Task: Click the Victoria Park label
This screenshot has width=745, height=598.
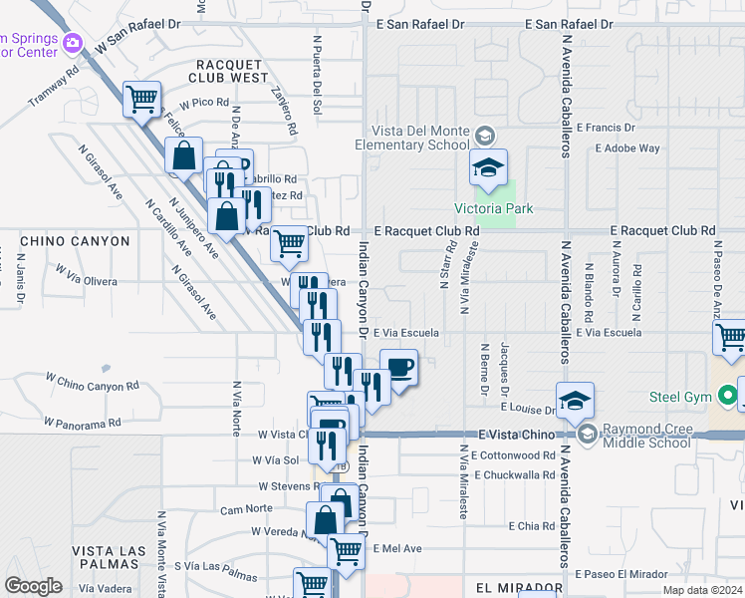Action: (494, 208)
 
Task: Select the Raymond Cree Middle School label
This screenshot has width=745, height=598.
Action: (643, 435)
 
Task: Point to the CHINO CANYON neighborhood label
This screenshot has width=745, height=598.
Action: (75, 241)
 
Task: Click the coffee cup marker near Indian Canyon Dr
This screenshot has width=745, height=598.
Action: (398, 368)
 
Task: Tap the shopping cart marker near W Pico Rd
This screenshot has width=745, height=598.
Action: (142, 98)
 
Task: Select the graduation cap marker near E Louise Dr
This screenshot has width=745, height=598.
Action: (575, 400)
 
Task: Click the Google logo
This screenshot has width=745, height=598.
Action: (33, 586)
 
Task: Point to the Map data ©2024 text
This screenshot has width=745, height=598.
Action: (701, 590)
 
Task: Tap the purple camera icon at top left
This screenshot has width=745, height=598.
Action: (71, 43)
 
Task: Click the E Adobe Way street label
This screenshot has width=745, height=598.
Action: (627, 149)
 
